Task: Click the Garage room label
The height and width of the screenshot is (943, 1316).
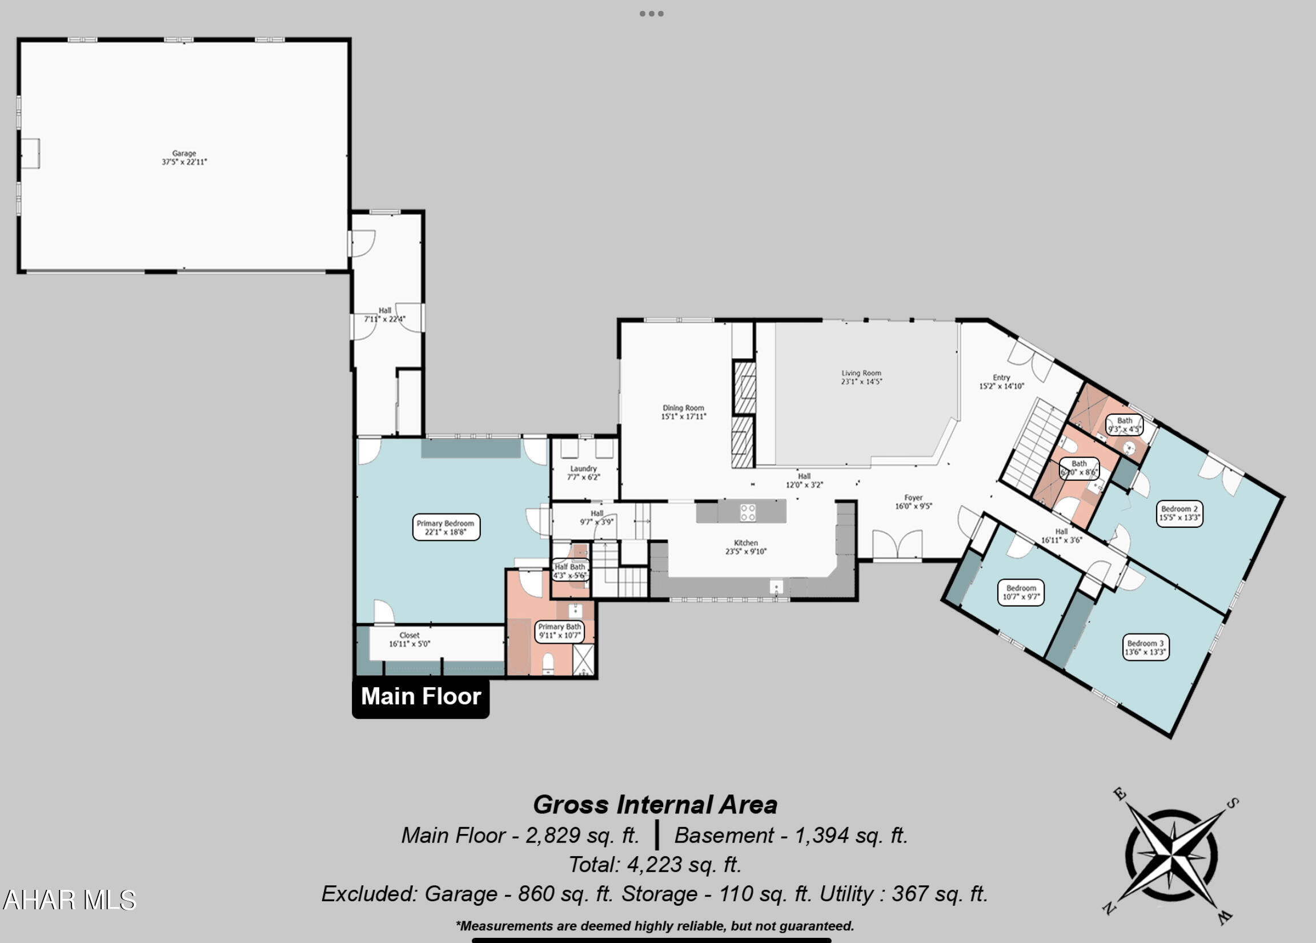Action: coord(184,157)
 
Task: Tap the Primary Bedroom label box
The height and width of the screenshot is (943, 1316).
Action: coord(446,527)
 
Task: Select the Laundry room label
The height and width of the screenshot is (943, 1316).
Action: coord(583,472)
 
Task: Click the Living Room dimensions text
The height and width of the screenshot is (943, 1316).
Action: coord(861,382)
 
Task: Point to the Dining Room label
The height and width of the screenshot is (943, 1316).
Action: coord(683,411)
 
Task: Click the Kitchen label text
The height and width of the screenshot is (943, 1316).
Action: coord(745,547)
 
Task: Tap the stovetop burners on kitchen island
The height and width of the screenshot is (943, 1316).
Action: coord(747,512)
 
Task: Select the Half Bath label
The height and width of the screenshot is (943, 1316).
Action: coord(570,571)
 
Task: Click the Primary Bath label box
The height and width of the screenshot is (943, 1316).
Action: coord(559,631)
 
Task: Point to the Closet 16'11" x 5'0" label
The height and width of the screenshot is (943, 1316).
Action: coord(409,639)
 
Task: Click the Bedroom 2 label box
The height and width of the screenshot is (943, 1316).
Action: coord(1179,513)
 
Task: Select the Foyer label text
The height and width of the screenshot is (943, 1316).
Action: coord(913,501)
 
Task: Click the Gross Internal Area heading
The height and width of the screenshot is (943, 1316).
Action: coord(655,804)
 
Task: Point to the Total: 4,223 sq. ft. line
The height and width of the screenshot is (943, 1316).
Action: coord(655,865)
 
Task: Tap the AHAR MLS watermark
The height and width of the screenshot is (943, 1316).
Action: coord(69,900)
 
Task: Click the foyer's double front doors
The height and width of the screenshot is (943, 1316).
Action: coord(897,545)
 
